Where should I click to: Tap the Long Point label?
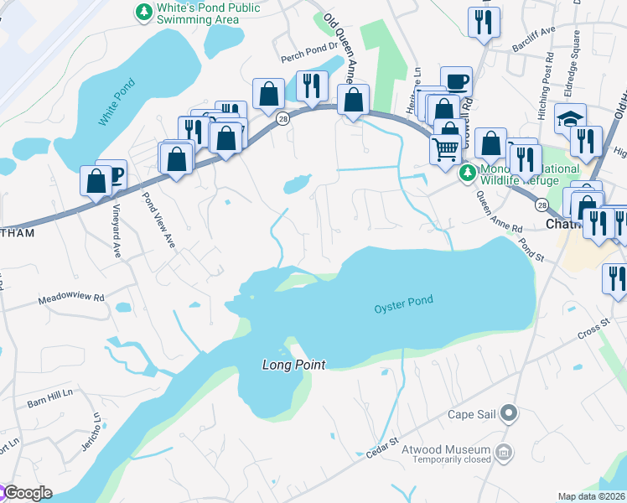(293, 364)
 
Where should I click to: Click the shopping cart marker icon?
(447, 148)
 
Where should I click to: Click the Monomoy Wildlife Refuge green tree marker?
(467, 174)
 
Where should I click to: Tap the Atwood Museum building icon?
(504, 454)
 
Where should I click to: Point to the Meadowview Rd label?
(71, 298)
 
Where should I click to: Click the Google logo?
(27, 493)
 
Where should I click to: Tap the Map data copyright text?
(592, 496)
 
